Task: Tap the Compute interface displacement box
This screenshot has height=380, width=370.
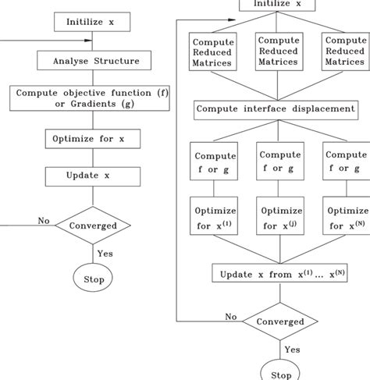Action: click(x=278, y=109)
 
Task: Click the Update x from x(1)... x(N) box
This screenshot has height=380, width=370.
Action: click(x=279, y=273)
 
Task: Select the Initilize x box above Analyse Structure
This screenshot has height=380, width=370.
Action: click(x=90, y=22)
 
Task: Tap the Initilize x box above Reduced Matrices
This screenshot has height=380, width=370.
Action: click(x=279, y=5)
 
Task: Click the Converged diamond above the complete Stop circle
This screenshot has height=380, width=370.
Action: click(x=94, y=226)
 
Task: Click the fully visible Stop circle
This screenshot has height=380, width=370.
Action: click(x=94, y=278)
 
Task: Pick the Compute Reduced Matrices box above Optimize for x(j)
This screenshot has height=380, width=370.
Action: click(x=279, y=51)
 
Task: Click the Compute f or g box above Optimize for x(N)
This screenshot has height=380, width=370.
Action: click(x=345, y=162)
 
